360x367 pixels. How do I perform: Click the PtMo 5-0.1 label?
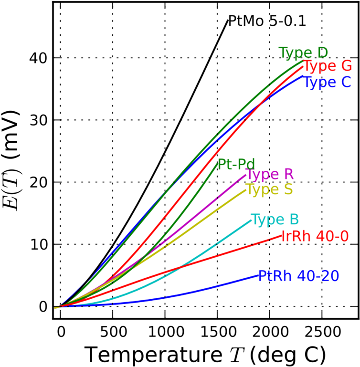click(x=267, y=21)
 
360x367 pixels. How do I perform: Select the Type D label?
click(x=303, y=53)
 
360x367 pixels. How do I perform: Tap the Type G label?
click(x=328, y=66)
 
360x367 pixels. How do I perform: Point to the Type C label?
click(x=327, y=83)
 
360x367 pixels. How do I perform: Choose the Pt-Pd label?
click(x=236, y=165)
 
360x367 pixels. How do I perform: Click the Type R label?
click(x=270, y=175)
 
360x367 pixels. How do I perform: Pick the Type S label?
click(x=269, y=190)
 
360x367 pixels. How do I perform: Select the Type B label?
click(x=275, y=220)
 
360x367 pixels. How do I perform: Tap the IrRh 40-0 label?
click(x=315, y=236)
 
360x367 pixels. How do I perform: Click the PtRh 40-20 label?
click(x=298, y=276)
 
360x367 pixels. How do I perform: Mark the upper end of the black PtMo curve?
click(x=228, y=21)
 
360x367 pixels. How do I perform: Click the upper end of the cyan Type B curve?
click(x=251, y=220)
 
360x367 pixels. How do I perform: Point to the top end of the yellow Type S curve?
click(x=245, y=190)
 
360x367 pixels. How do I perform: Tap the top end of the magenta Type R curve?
click(x=245, y=175)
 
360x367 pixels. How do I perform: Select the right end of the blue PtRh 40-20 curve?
click(x=258, y=275)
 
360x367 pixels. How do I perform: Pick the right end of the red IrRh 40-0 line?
click(x=282, y=235)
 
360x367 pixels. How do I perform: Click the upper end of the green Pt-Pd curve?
click(x=217, y=163)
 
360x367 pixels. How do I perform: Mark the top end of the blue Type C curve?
click(x=303, y=76)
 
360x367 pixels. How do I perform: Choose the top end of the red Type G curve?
click(x=303, y=67)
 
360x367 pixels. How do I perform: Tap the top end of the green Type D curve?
click(x=303, y=61)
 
